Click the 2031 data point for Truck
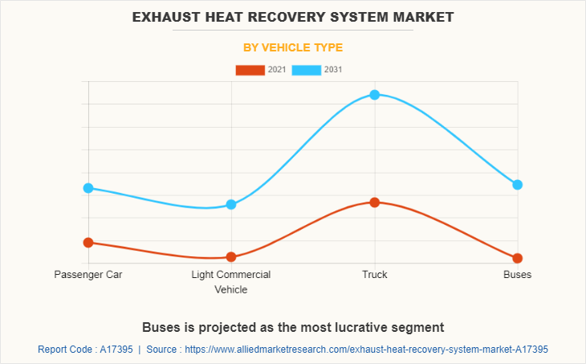click(x=374, y=95)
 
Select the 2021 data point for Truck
click(x=374, y=202)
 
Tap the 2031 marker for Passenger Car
click(x=88, y=188)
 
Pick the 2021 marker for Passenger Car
click(x=88, y=242)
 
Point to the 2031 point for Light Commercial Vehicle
click(x=231, y=204)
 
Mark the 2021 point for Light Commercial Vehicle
click(x=231, y=257)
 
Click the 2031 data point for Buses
click(x=518, y=185)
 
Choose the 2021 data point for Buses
click(x=518, y=258)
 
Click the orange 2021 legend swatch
click(x=250, y=70)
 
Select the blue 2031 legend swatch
click(x=307, y=70)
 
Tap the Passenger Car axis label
click(x=88, y=275)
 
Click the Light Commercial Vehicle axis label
click(x=231, y=282)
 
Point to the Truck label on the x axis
click(x=374, y=275)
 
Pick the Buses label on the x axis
click(x=518, y=275)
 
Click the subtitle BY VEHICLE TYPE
click(x=293, y=47)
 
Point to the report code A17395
click(x=114, y=350)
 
